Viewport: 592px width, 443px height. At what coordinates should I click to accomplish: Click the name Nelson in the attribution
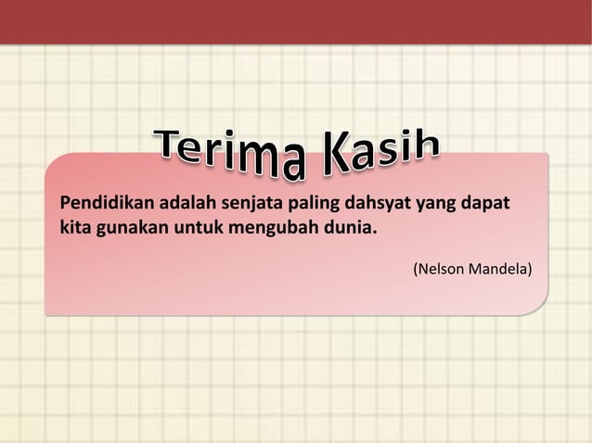(x=439, y=270)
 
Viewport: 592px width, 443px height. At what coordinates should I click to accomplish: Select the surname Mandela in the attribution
(x=498, y=270)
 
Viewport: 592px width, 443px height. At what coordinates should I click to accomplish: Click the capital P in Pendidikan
(x=66, y=202)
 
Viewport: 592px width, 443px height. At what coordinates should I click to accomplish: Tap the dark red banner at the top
(x=296, y=21)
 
